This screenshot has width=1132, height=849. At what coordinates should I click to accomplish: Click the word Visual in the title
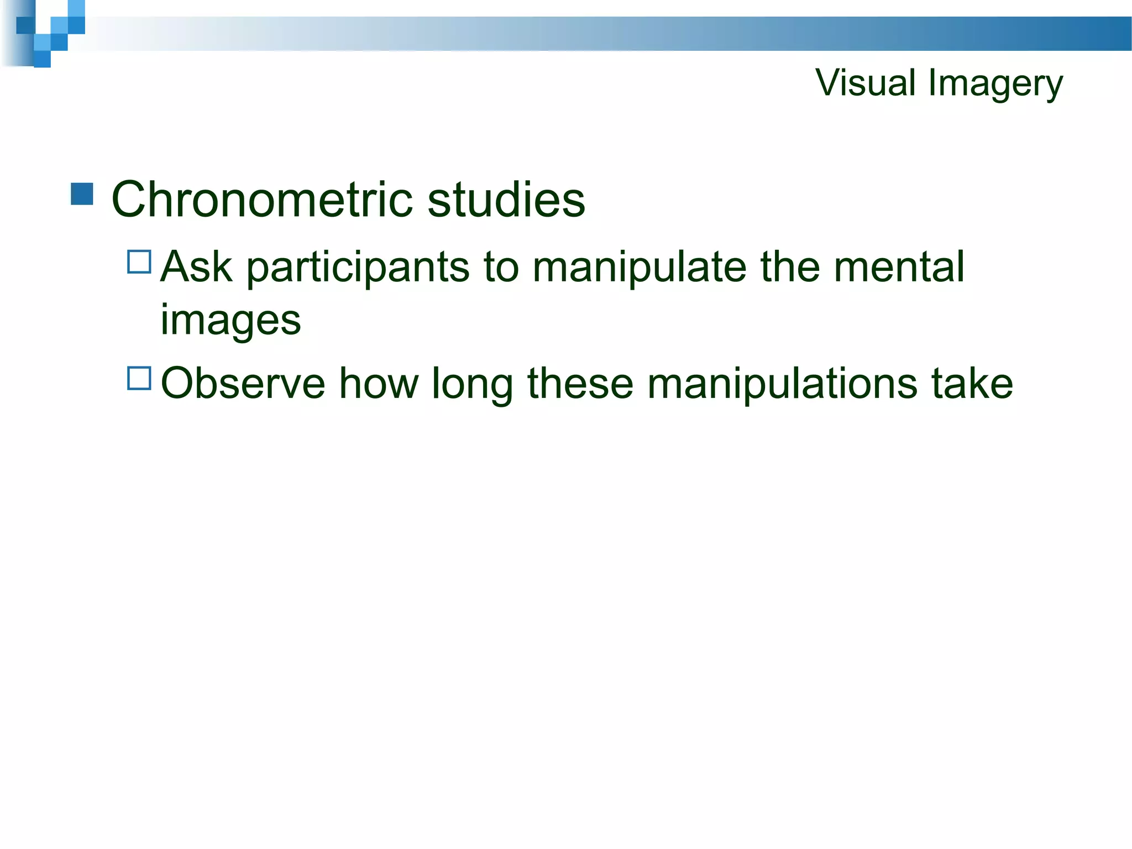click(866, 83)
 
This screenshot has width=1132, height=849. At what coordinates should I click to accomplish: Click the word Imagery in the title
click(995, 84)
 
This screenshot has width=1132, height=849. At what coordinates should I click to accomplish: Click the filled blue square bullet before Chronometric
click(82, 194)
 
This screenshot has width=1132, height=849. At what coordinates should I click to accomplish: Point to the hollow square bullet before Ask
click(139, 262)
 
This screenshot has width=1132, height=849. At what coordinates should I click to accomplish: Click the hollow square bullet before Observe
click(139, 379)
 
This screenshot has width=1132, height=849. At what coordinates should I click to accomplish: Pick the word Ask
click(196, 267)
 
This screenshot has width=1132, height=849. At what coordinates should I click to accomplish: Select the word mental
click(899, 267)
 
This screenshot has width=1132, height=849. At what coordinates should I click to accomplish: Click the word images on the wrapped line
click(230, 320)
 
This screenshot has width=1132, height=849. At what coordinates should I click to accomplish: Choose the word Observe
click(243, 383)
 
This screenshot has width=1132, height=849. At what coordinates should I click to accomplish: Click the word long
click(472, 384)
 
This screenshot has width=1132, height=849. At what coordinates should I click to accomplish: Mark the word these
click(580, 383)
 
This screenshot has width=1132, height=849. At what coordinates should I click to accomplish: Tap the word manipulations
click(782, 384)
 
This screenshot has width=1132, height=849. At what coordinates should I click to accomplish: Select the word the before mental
click(789, 267)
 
